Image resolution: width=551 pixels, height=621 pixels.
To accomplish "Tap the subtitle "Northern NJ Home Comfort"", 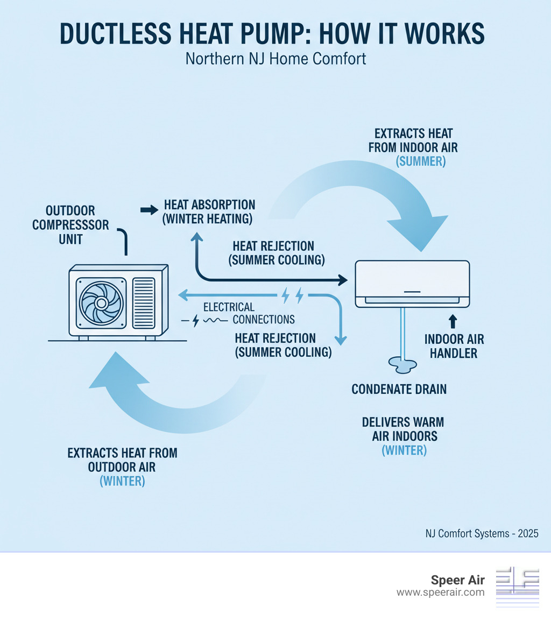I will (x=275, y=58).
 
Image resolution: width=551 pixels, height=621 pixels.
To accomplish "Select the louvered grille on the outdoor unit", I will (x=144, y=302).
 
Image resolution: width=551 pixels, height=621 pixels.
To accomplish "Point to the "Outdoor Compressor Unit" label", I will (x=70, y=224).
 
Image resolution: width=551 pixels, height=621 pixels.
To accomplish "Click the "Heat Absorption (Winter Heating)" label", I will (x=209, y=212).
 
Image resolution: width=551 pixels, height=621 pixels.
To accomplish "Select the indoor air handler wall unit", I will (x=412, y=284).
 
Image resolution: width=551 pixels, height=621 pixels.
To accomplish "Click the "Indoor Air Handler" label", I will (x=454, y=347).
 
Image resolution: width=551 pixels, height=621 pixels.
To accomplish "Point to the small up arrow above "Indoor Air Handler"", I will (x=453, y=321).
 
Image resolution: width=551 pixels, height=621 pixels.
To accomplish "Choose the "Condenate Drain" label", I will (x=399, y=389).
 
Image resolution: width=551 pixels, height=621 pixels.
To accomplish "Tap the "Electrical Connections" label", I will (x=248, y=313).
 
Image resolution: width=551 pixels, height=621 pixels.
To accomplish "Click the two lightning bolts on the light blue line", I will (x=292, y=295).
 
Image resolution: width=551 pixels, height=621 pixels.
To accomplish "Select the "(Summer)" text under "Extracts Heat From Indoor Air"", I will (x=420, y=161).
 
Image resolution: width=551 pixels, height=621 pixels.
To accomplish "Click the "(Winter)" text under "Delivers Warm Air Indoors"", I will (x=404, y=450).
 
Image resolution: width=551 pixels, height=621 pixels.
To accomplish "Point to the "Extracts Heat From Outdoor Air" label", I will (x=122, y=460).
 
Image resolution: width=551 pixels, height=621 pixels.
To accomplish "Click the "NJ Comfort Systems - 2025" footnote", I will (x=481, y=534).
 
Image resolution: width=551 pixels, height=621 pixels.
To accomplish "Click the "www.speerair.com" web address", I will (x=440, y=592).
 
